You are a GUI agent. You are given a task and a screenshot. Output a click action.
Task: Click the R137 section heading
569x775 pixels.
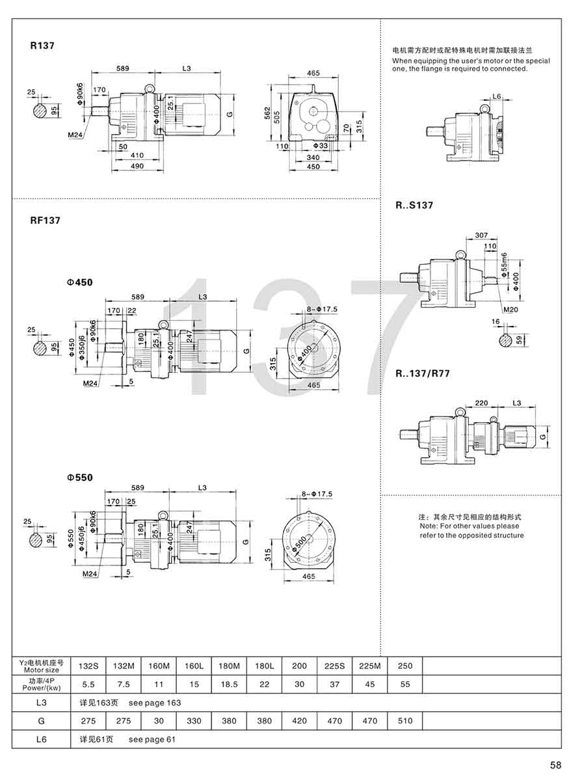point(42,46)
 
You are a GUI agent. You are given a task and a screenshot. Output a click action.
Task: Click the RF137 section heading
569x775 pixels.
point(46,221)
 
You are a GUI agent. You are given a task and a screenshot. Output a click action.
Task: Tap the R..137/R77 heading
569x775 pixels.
point(423,374)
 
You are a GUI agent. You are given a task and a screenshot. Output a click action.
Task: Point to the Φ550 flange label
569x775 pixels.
point(79,477)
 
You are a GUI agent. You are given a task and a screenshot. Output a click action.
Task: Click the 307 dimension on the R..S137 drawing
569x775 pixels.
point(481,236)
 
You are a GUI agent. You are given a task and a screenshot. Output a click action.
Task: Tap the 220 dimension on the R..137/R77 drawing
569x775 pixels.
point(482,403)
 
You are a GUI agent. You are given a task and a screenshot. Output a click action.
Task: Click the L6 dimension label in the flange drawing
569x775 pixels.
point(496,96)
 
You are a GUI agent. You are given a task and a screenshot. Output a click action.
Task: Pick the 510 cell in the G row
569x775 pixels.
point(404,721)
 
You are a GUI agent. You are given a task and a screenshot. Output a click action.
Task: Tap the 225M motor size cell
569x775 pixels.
point(369,666)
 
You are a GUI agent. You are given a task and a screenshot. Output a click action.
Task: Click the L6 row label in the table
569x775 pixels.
point(41,739)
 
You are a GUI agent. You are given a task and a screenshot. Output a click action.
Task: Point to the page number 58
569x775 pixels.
point(555,765)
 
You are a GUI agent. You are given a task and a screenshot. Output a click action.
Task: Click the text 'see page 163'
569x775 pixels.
point(155,703)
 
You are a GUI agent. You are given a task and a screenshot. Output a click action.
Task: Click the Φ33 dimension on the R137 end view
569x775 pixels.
point(319,146)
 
